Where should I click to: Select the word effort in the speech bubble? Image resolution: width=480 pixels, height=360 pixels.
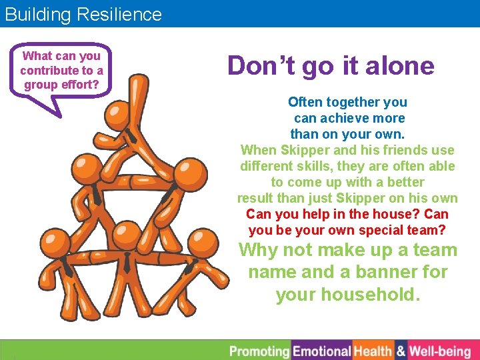[80, 85]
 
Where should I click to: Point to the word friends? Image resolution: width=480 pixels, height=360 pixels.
[387, 150]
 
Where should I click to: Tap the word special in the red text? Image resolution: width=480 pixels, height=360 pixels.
[391, 230]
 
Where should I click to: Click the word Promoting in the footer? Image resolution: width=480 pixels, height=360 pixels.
[259, 351]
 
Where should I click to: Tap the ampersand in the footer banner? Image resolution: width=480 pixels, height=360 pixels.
[401, 351]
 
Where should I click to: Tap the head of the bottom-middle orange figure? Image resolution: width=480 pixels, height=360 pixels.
[124, 235]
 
